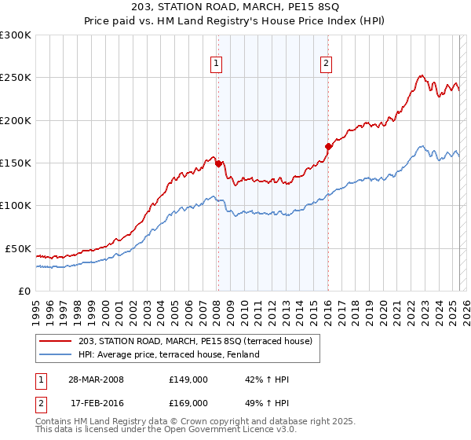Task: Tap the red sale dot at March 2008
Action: click(x=218, y=164)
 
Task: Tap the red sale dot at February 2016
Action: click(x=328, y=146)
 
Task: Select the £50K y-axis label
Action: click(x=18, y=248)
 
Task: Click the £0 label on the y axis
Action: click(x=24, y=291)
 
